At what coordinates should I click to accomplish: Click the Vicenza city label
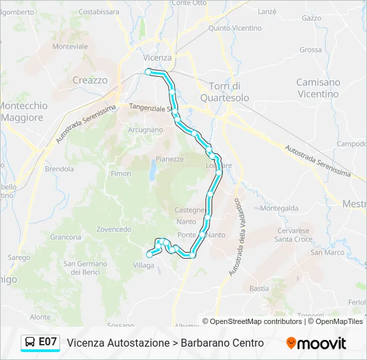tap(158, 57)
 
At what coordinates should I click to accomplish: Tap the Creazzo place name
tap(89, 80)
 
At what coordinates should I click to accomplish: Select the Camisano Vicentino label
tap(318, 88)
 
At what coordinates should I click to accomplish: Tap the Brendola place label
tap(59, 169)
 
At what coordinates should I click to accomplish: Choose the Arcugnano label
tap(145, 130)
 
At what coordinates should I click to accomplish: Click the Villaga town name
tap(143, 265)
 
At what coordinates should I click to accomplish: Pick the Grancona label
tap(65, 237)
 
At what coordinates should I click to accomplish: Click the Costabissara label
tap(99, 11)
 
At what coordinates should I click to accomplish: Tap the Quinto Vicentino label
tap(235, 28)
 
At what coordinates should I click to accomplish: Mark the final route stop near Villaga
tap(148, 254)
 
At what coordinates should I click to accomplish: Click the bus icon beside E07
tap(30, 343)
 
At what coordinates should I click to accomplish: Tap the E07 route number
tap(48, 342)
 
